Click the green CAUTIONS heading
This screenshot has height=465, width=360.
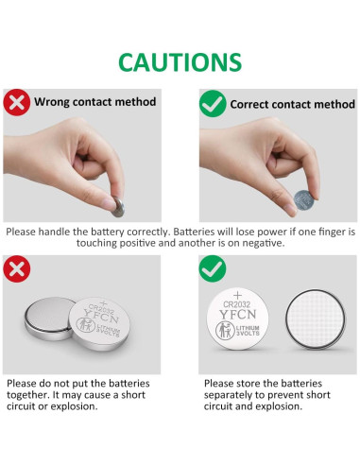(x=180, y=62)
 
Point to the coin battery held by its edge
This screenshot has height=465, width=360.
(x=304, y=199)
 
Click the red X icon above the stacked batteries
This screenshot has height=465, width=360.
(x=15, y=268)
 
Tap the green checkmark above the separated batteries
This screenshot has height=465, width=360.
(x=214, y=270)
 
